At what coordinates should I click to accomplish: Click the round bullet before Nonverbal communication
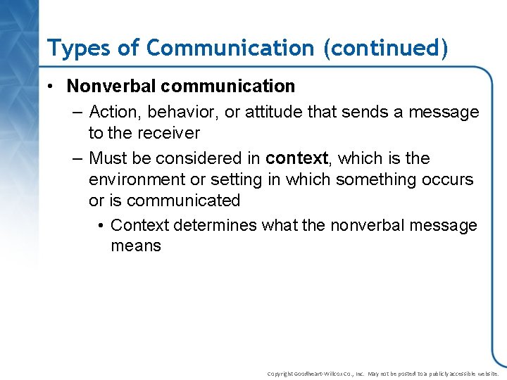[x=53, y=87]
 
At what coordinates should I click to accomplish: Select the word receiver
[x=172, y=133]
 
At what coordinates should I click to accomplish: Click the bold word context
[x=296, y=158]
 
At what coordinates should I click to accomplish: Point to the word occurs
[x=448, y=179]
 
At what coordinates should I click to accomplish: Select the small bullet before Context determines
[x=101, y=225]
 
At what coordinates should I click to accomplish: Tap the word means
[x=136, y=246]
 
